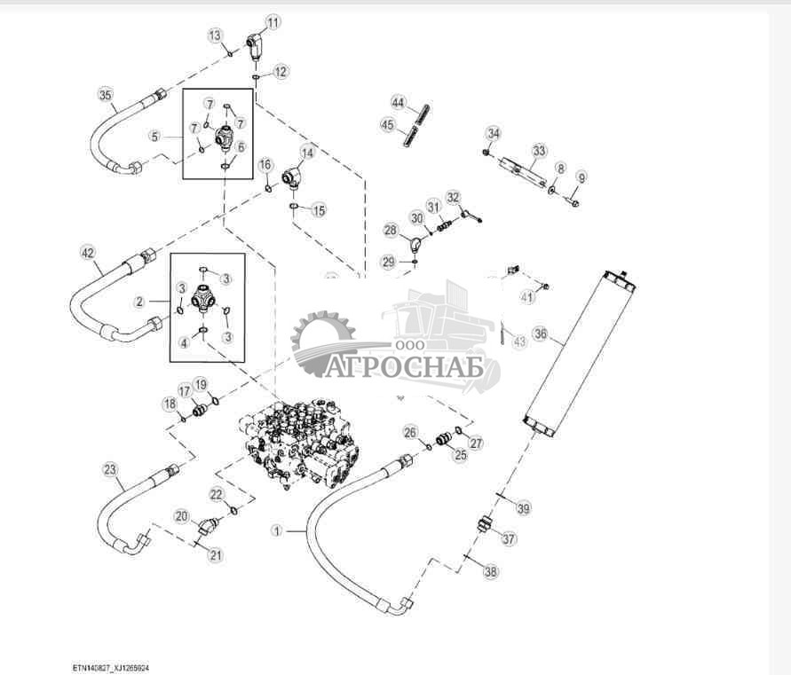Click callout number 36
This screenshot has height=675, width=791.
point(540,335)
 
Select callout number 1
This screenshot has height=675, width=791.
point(276,531)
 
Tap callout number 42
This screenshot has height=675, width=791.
point(87,253)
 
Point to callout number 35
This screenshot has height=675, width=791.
point(106,95)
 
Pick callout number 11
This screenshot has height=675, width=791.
point(273,21)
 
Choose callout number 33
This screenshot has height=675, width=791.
point(539,151)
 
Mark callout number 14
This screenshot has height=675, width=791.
point(307,152)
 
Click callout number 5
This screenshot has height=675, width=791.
point(154,137)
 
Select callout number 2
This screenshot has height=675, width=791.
point(139,302)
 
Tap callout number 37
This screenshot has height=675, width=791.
point(508,538)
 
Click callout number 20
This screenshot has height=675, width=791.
point(181,515)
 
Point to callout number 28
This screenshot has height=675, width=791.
point(391,231)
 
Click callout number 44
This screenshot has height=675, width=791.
point(399,104)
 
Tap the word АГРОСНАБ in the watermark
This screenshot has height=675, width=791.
point(404,366)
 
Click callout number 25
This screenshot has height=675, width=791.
point(460,456)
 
